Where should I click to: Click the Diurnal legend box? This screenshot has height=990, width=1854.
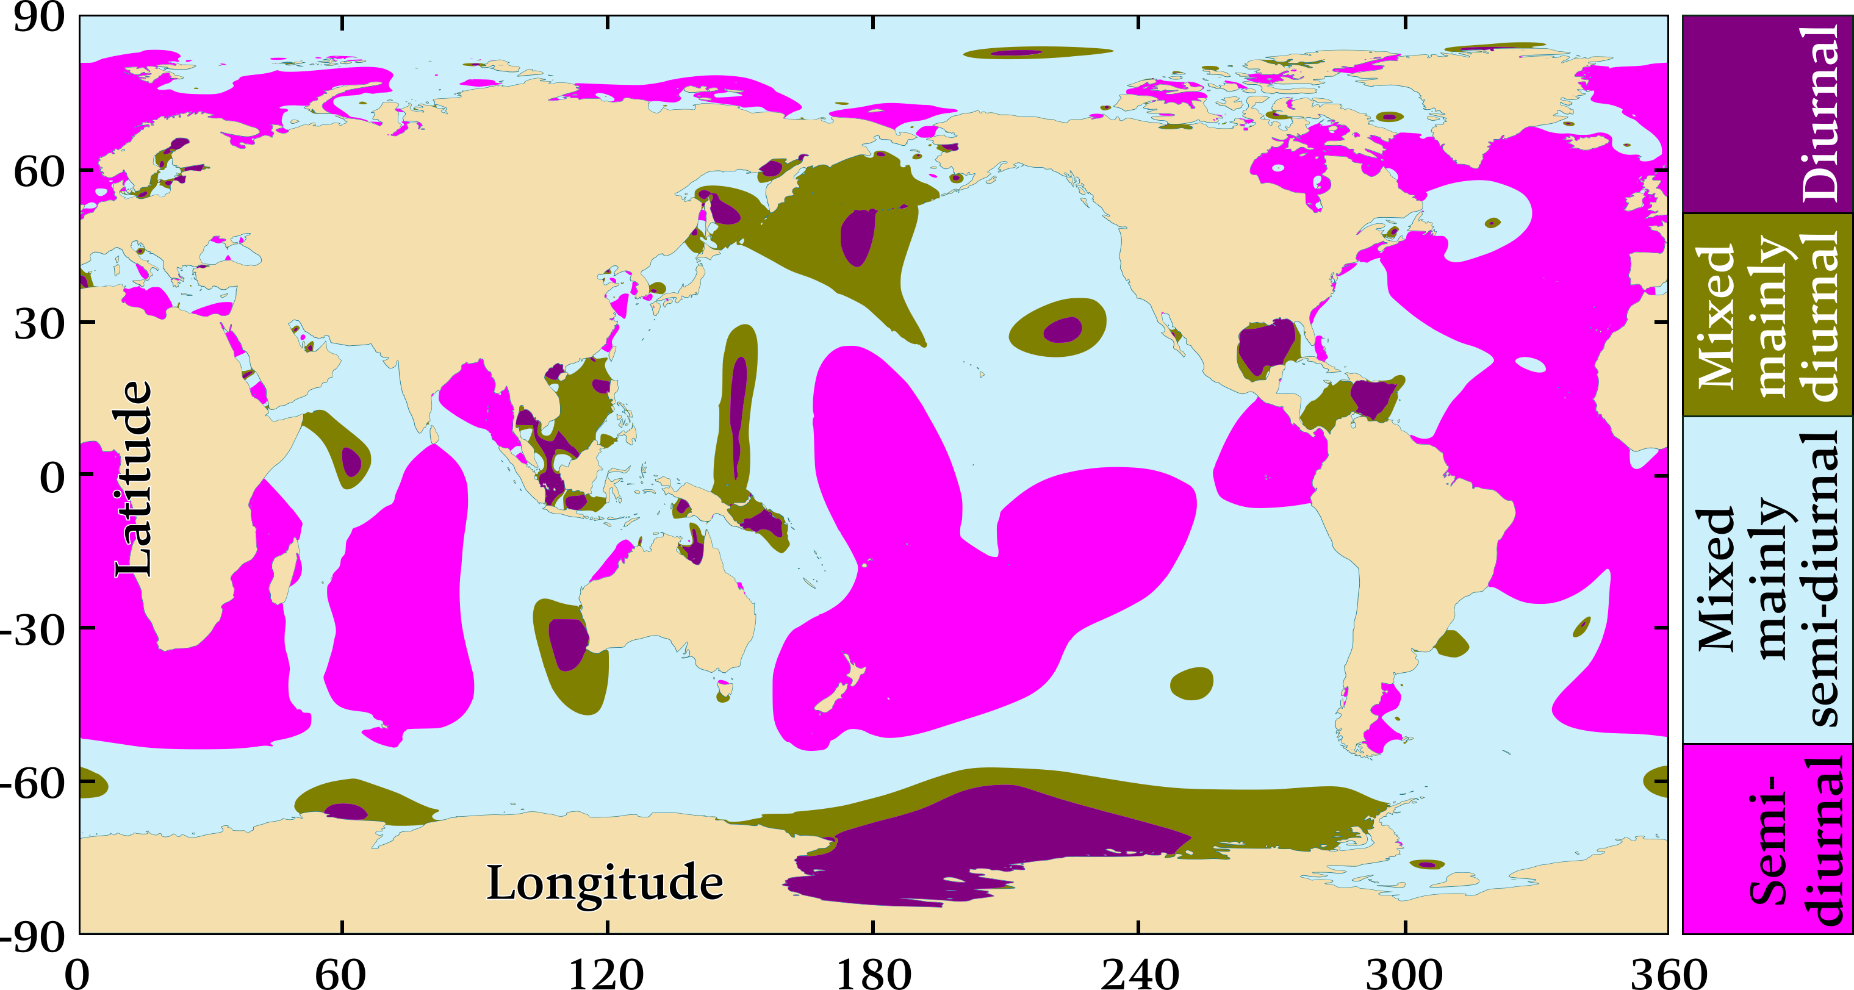(x=1767, y=113)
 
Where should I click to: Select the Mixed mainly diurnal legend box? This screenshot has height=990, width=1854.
(x=1767, y=314)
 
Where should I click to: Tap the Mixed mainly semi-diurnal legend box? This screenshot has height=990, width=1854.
(x=1767, y=579)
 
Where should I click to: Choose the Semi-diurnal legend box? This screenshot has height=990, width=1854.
(x=1767, y=839)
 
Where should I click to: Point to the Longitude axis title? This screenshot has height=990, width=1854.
(x=605, y=883)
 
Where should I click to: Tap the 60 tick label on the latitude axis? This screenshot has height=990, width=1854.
(x=40, y=171)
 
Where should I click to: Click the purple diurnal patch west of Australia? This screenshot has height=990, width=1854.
(x=568, y=642)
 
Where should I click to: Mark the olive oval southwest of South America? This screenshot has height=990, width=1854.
(x=1191, y=684)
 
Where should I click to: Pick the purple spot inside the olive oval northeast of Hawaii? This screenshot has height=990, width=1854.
(x=1063, y=329)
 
